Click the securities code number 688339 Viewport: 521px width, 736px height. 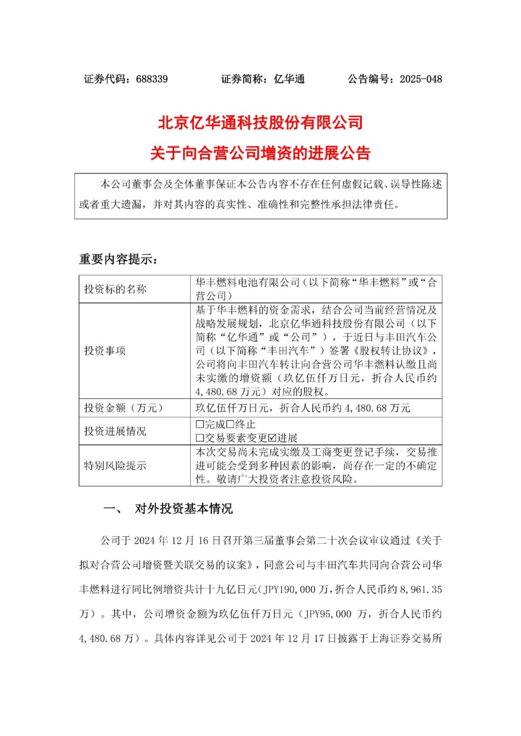152,79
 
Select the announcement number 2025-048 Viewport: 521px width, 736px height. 421,79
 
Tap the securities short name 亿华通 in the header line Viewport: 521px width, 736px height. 289,79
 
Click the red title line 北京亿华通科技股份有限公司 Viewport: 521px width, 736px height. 260,122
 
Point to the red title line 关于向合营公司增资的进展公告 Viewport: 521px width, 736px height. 260,153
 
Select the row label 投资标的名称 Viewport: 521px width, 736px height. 115,289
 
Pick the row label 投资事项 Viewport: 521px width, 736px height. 105,350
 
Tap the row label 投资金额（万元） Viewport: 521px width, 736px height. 124,408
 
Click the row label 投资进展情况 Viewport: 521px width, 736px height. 115,431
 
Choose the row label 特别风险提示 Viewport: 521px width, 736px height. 115,466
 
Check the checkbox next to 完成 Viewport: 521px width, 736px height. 200,425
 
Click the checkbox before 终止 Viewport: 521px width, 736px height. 230,425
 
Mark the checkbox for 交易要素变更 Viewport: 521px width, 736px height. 200,438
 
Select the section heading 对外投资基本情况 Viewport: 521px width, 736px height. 183,509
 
